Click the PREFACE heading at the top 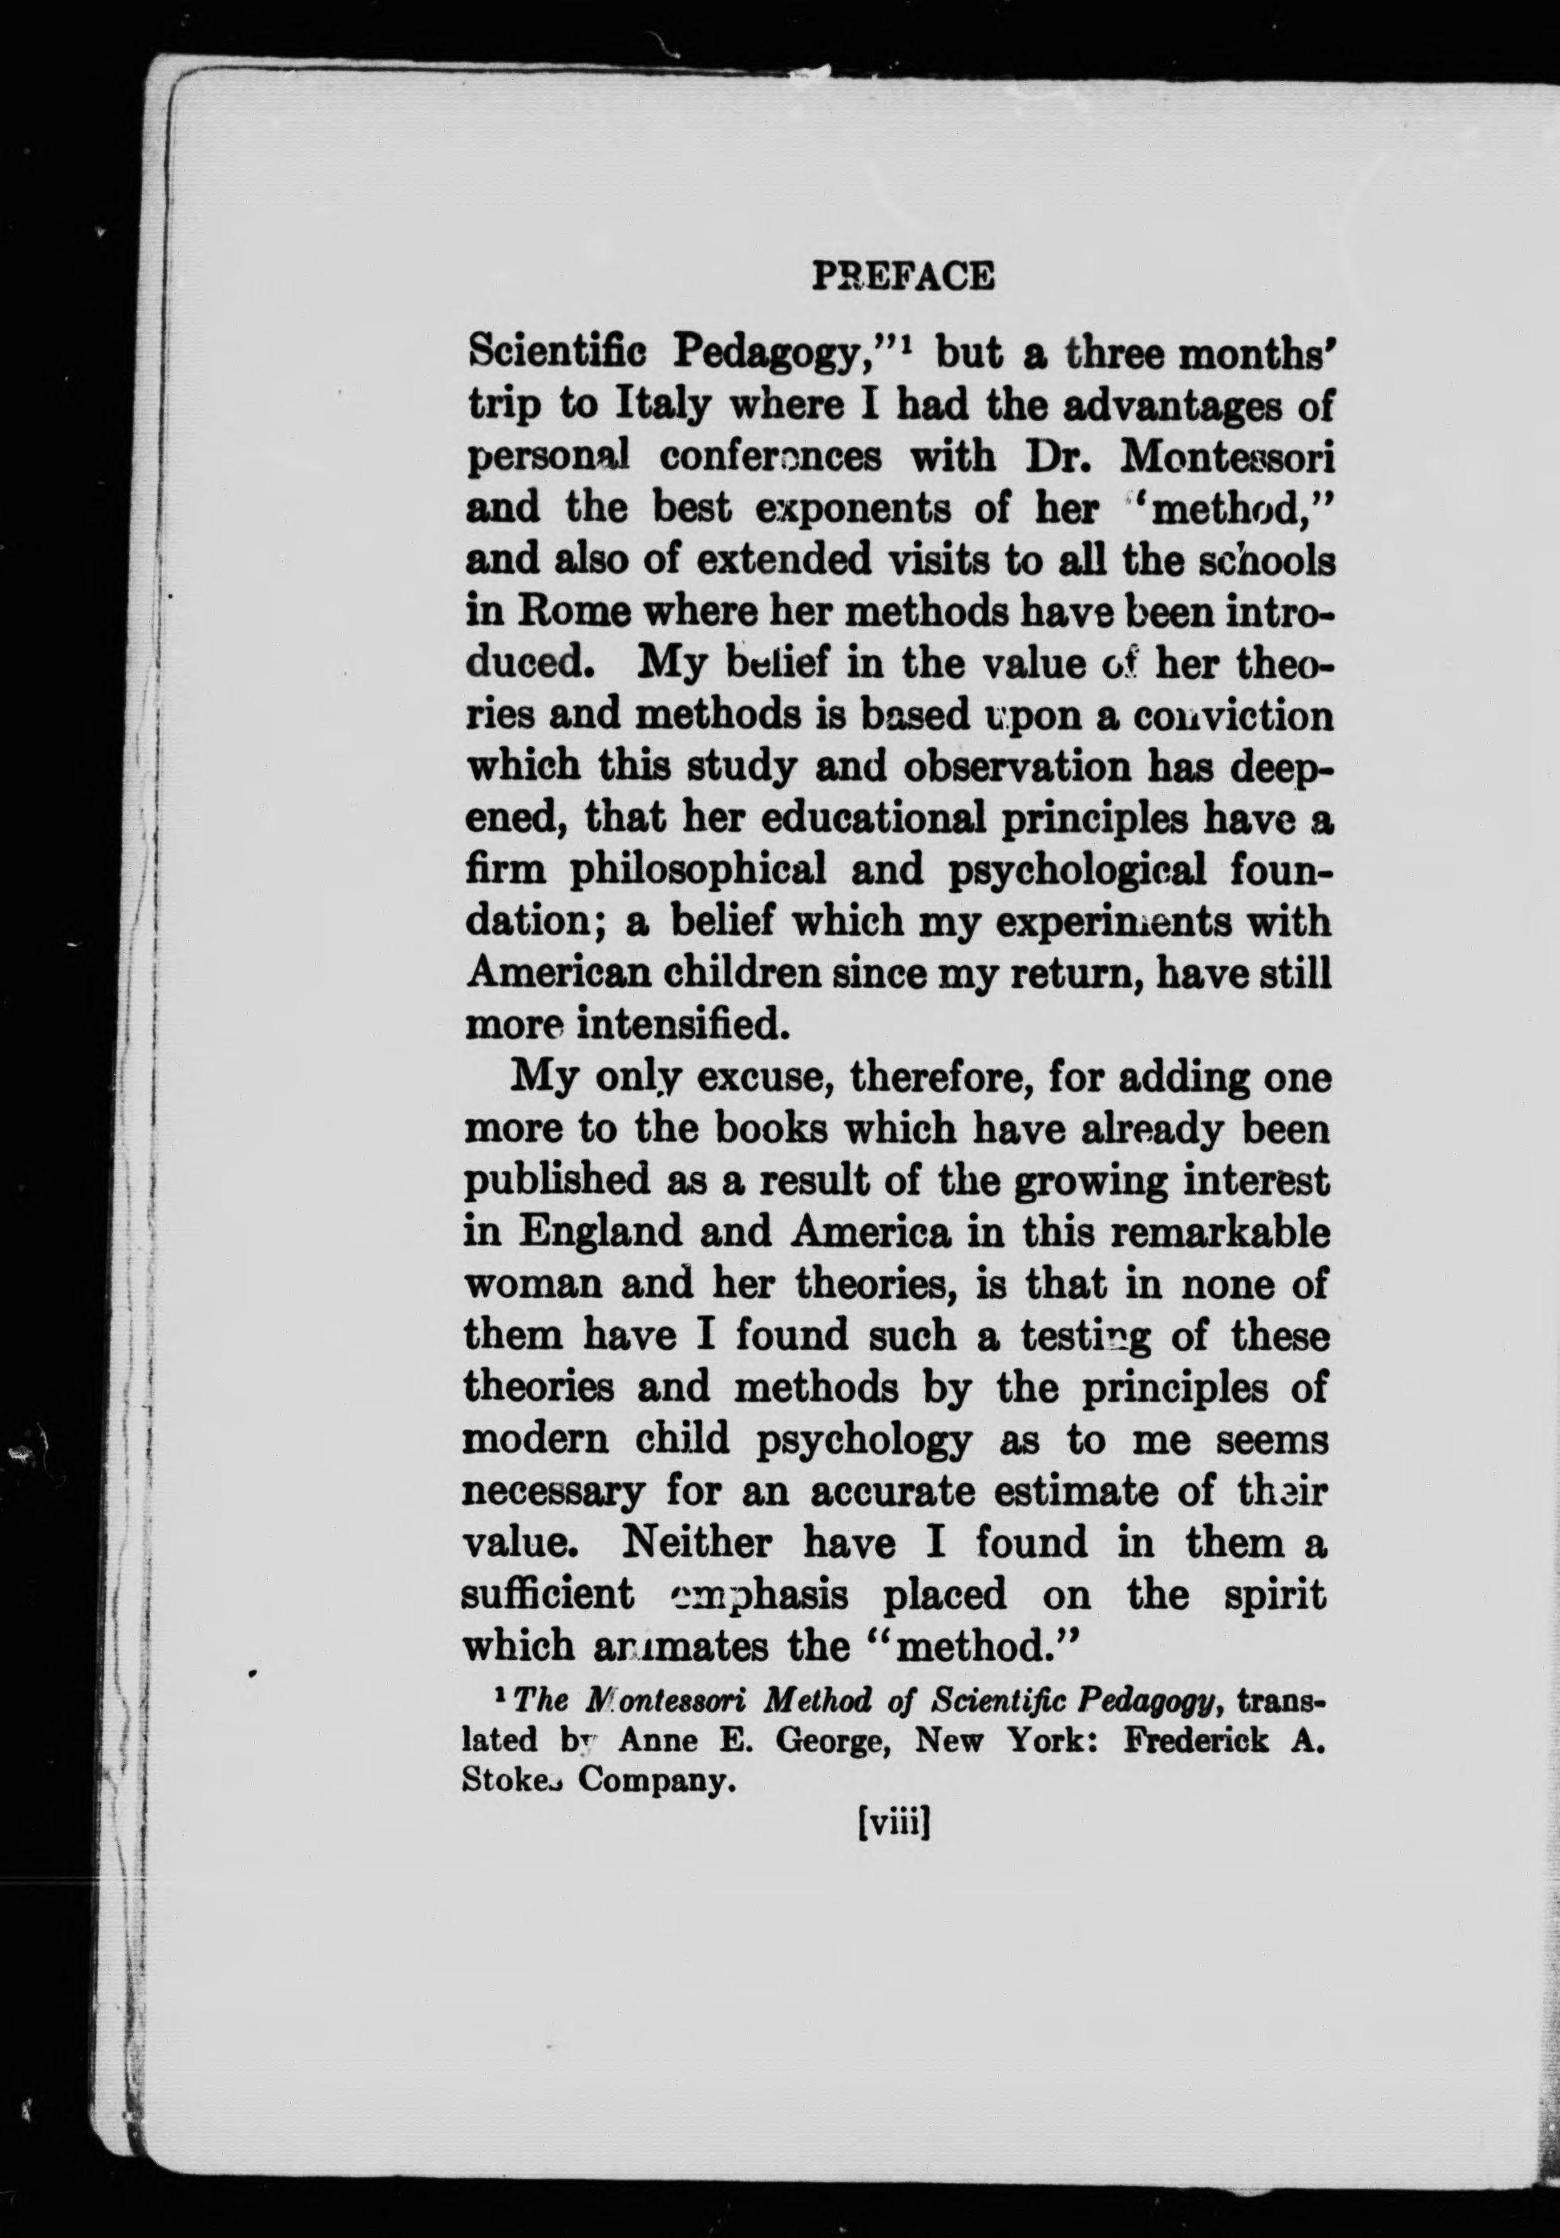[902, 278]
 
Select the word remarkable [1222, 1233]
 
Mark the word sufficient [547, 1594]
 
